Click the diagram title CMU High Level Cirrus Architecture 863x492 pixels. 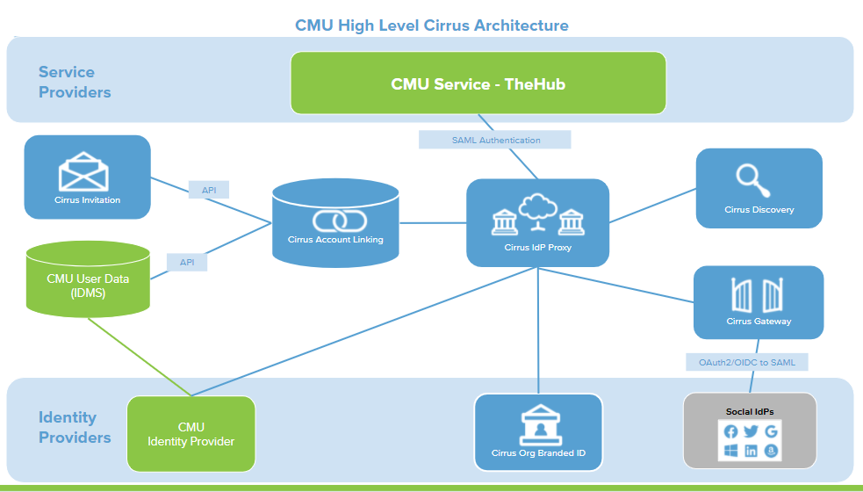pos(431,25)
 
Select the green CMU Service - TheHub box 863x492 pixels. pos(478,83)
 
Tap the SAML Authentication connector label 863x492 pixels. pos(495,140)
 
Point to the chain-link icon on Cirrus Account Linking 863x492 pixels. pos(335,219)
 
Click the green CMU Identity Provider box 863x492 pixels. pos(191,434)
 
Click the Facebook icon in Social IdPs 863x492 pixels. pos(730,431)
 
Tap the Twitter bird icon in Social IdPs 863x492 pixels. pos(751,431)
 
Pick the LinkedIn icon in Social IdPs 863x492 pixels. pos(751,451)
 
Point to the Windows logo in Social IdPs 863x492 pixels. pos(730,451)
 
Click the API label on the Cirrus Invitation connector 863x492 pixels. pos(209,190)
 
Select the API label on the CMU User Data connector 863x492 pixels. pos(187,262)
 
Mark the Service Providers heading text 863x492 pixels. pos(75,82)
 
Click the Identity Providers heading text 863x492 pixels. pos(75,427)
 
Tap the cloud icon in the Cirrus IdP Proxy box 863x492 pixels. pos(537,211)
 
